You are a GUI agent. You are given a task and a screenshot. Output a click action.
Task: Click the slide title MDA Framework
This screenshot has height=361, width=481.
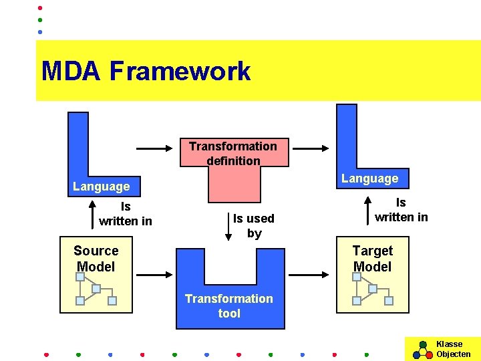click(146, 71)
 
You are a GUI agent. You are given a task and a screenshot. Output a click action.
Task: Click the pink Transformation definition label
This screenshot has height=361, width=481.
click(233, 153)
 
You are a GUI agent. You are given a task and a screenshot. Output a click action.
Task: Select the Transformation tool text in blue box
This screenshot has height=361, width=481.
click(229, 306)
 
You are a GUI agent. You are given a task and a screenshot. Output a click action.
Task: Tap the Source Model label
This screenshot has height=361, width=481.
click(96, 259)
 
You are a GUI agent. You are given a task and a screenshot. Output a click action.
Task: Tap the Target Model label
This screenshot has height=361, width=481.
click(372, 259)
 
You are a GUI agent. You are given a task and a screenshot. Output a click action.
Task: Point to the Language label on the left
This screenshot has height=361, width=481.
click(102, 187)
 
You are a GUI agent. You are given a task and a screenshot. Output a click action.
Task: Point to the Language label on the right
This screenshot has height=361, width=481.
click(369, 178)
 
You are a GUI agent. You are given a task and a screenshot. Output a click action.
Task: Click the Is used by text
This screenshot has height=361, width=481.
click(254, 225)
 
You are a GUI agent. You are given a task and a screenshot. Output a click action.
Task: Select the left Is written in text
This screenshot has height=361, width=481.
click(126, 214)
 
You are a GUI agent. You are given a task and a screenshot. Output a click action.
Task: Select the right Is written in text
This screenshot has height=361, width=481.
click(401, 209)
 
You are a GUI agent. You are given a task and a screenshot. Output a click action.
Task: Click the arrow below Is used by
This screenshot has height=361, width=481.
click(228, 228)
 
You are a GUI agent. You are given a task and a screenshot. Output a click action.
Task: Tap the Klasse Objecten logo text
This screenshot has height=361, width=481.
click(453, 349)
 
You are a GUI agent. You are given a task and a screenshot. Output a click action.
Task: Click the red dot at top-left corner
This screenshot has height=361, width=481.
click(39, 8)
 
